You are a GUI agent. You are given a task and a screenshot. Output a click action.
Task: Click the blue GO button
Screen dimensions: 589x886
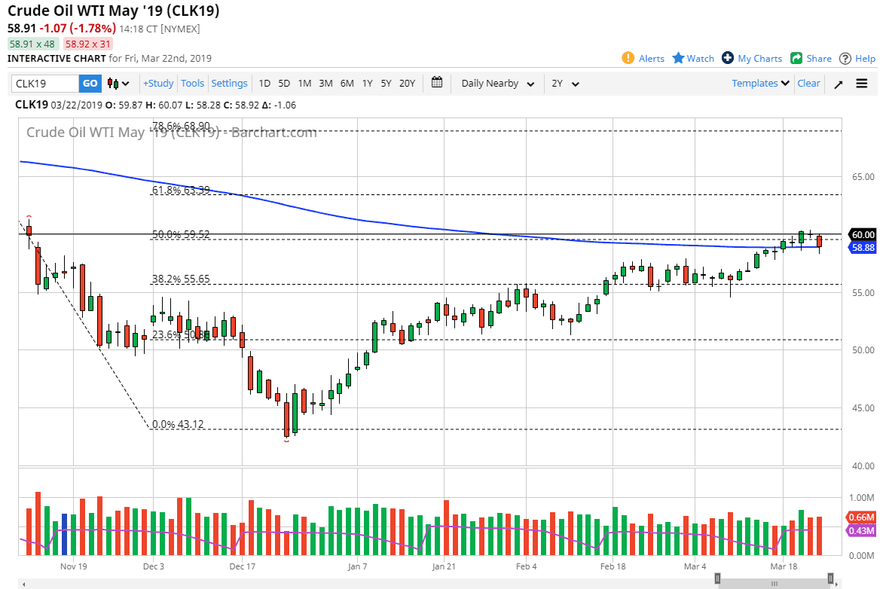click(x=90, y=84)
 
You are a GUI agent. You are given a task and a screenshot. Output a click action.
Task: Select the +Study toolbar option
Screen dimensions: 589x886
click(x=158, y=84)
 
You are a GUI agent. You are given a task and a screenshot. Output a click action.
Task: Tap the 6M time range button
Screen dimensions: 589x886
click(x=347, y=84)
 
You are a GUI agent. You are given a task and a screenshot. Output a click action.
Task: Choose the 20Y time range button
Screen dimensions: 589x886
click(x=407, y=84)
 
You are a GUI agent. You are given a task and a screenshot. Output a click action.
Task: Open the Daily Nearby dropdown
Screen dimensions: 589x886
click(x=498, y=84)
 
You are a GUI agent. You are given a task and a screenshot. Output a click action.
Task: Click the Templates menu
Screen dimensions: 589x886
click(x=760, y=84)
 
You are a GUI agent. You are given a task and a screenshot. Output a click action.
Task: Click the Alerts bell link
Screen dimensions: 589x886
click(x=643, y=59)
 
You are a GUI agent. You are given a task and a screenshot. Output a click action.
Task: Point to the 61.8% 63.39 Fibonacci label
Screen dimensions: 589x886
click(x=181, y=191)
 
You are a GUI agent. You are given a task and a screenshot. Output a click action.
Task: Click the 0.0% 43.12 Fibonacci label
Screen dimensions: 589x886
click(x=178, y=425)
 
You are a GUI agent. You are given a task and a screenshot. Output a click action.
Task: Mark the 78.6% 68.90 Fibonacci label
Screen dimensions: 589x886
click(x=181, y=127)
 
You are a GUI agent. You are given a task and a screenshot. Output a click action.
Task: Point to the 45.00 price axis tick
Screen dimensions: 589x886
click(x=863, y=408)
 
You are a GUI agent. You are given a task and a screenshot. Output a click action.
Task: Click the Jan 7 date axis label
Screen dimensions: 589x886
click(x=358, y=566)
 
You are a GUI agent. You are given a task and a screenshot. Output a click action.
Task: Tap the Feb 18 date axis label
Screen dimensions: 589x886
click(x=613, y=566)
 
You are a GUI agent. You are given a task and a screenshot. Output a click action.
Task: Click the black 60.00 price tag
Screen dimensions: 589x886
click(x=863, y=234)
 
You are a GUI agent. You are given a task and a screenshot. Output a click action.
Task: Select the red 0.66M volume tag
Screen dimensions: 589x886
click(x=862, y=517)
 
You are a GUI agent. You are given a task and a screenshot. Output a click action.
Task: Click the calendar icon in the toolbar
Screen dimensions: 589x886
click(x=437, y=84)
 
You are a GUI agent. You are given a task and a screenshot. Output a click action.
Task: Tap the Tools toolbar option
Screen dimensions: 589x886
click(x=192, y=84)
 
